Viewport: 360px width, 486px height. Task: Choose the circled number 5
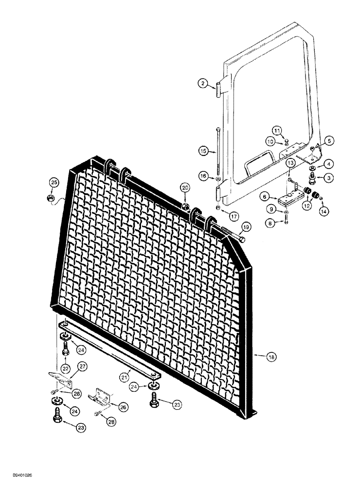329,141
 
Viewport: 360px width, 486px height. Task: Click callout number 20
185,188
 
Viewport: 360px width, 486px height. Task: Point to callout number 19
245,226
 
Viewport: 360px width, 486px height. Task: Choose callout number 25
54,182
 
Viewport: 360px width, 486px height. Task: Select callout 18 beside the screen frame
271,357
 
